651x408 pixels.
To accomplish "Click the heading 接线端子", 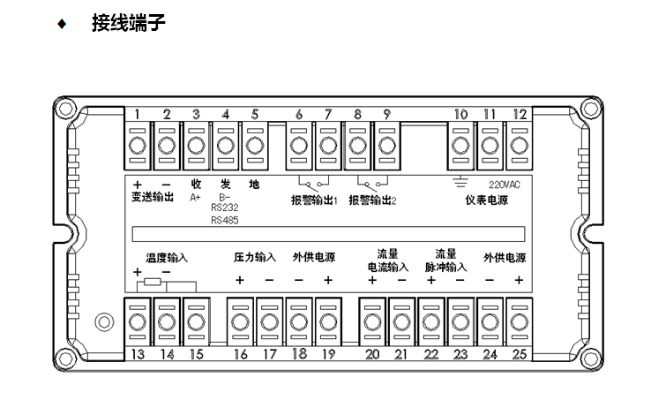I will (x=129, y=23).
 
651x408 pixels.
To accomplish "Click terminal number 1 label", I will (x=138, y=114).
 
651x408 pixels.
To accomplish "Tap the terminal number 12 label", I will (x=520, y=114).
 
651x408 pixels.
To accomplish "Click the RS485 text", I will (x=224, y=221).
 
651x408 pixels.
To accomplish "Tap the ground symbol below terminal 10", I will (x=460, y=183).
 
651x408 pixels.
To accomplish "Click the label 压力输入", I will (x=255, y=258).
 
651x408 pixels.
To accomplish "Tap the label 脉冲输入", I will (x=445, y=266).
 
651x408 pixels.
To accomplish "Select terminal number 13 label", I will (x=138, y=354).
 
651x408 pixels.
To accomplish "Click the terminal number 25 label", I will (x=520, y=354).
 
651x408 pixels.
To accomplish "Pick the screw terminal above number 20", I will (x=372, y=319).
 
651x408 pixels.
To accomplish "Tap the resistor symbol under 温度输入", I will (x=153, y=283).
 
